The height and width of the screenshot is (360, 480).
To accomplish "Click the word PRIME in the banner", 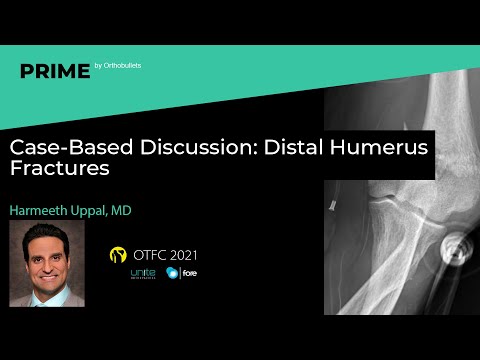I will point(54,70).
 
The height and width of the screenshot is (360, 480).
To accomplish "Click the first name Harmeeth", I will point(48,211).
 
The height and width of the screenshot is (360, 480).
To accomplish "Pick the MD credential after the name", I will point(146,211).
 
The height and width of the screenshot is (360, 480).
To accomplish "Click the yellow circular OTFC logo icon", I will point(118,254).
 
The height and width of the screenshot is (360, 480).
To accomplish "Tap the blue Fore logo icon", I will point(173,274).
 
